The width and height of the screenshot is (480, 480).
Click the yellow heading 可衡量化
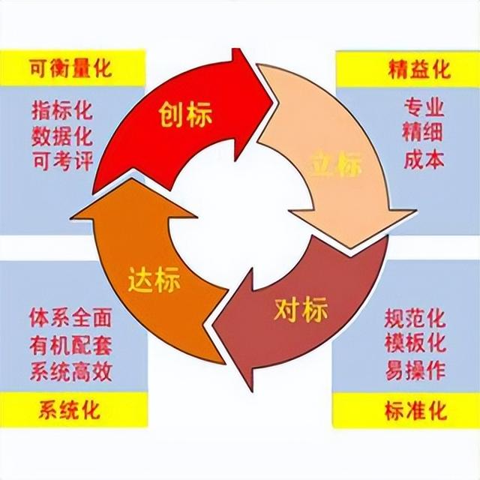71,70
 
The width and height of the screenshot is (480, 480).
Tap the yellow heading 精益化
419,70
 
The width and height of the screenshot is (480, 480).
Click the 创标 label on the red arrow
185,116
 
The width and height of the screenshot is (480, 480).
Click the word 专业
424,107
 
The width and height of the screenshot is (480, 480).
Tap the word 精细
424,133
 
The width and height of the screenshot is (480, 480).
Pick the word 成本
424,159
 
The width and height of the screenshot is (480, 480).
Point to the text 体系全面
72,317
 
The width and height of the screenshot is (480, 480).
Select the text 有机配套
72,343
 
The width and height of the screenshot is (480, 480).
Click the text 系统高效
72,369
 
